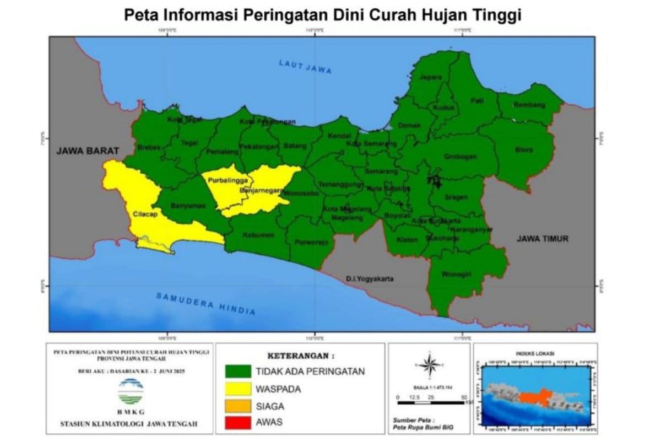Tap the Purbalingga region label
click(x=223, y=180)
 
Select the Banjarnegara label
click(x=261, y=191)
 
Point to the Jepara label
click(x=431, y=78)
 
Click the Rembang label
click(x=529, y=105)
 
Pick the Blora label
click(x=524, y=149)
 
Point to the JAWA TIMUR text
click(x=542, y=239)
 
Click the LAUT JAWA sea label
click(x=305, y=66)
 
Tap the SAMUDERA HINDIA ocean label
click(x=205, y=304)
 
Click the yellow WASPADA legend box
click(x=238, y=389)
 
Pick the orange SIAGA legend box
click(x=238, y=407)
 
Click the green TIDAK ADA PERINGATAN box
click(x=238, y=372)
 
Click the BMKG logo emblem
click(x=131, y=392)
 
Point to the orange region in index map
click(x=534, y=397)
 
